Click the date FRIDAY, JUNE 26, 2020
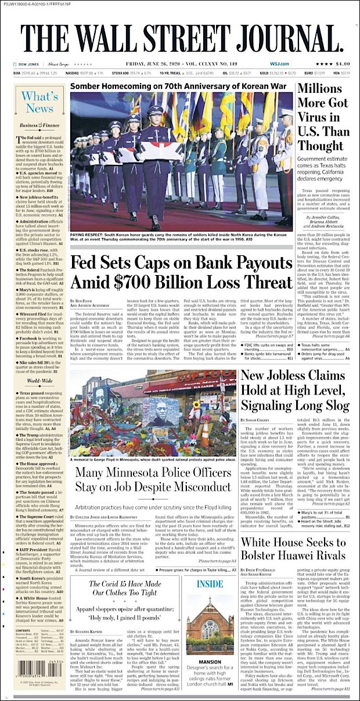pyautogui.click(x=151, y=64)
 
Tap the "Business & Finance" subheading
pyautogui.click(x=39, y=125)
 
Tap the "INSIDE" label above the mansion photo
pyautogui.click(x=210, y=583)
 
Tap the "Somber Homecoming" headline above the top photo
pyautogui.click(x=179, y=86)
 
